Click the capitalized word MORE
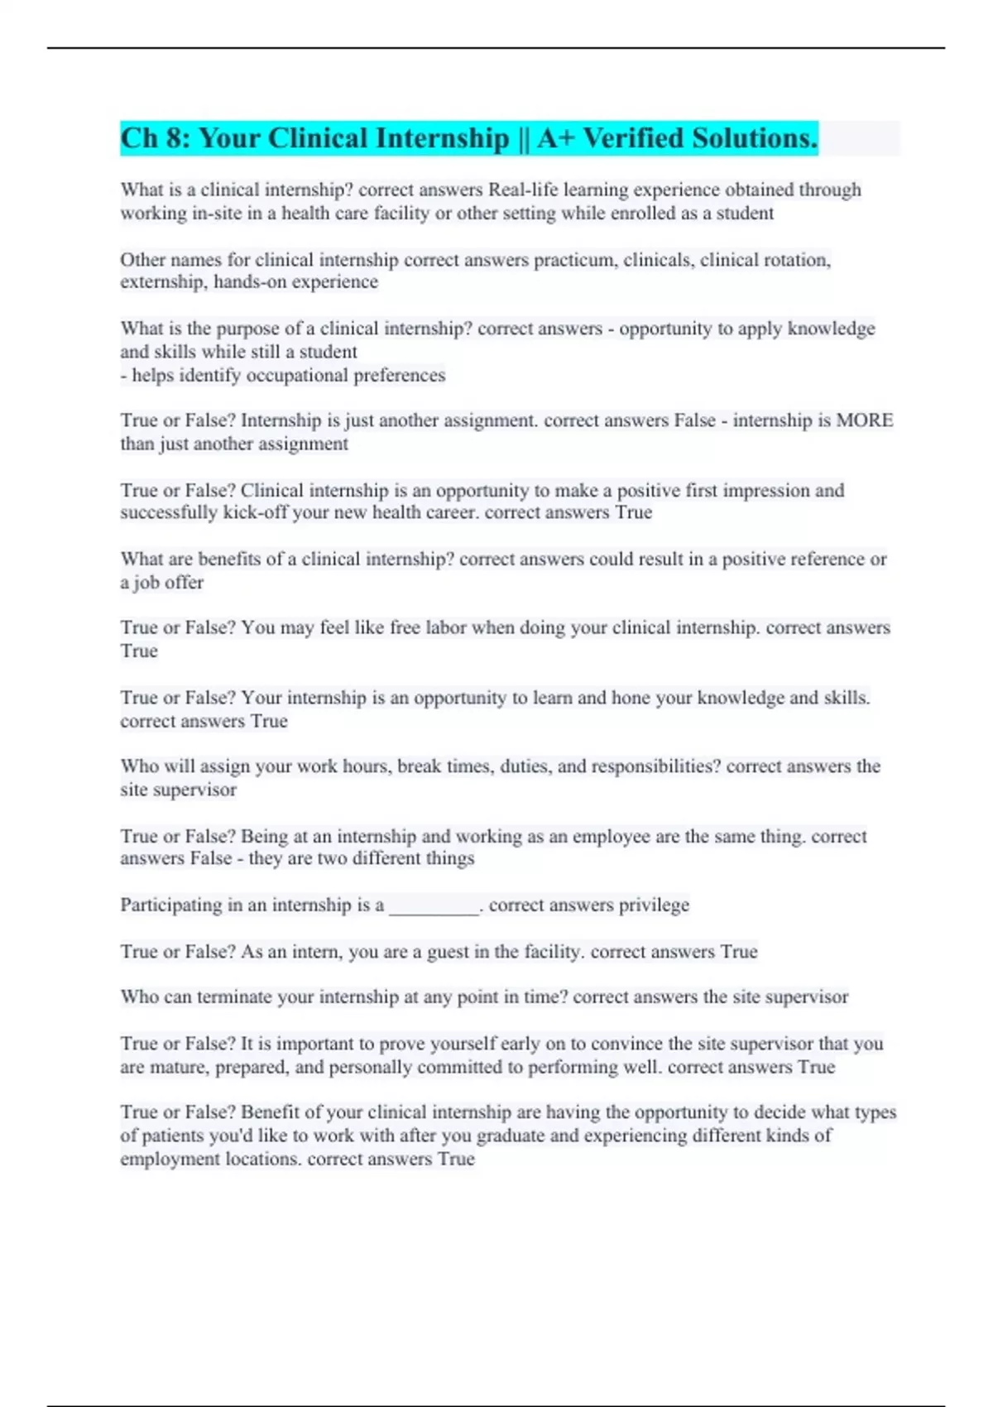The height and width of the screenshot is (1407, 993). (865, 420)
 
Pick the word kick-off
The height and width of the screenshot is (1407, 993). (255, 512)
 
